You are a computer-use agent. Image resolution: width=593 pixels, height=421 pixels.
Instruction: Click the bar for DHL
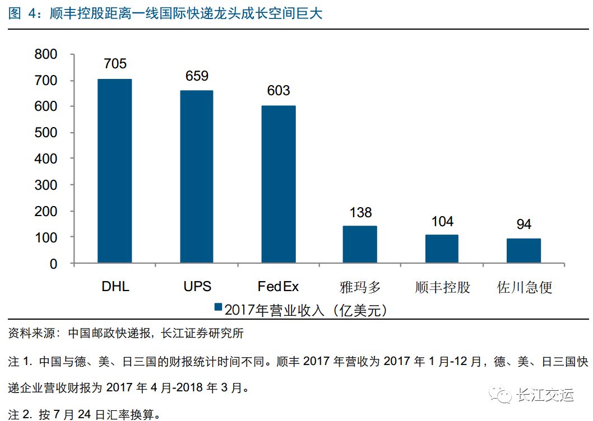point(115,171)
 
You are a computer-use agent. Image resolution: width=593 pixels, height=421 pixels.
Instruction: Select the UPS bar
point(197,176)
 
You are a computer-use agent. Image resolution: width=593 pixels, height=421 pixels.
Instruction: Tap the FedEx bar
point(279,184)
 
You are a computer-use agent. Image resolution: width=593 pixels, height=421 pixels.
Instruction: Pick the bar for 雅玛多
point(360,244)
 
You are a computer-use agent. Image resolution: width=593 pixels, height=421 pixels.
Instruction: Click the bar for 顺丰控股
point(442,249)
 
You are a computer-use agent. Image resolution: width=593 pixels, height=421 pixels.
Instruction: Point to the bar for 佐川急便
point(523,250)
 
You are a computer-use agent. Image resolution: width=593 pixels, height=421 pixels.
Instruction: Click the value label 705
point(115,63)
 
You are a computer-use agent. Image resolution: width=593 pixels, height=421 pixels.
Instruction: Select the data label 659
point(197,76)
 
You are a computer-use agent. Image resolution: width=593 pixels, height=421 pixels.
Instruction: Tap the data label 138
point(360,212)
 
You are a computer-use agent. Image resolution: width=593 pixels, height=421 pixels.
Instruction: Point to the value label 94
point(523,224)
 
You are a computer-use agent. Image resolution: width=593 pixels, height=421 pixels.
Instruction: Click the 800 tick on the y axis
point(45,54)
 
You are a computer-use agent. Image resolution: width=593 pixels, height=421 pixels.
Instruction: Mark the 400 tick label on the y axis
point(45,159)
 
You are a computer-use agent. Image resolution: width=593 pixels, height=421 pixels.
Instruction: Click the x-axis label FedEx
point(278,287)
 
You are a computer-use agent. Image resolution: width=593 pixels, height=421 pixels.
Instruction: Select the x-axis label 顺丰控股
point(442,287)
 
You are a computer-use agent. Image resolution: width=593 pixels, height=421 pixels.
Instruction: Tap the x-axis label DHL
point(115,287)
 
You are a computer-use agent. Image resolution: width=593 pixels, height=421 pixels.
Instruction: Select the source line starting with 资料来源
point(126,333)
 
